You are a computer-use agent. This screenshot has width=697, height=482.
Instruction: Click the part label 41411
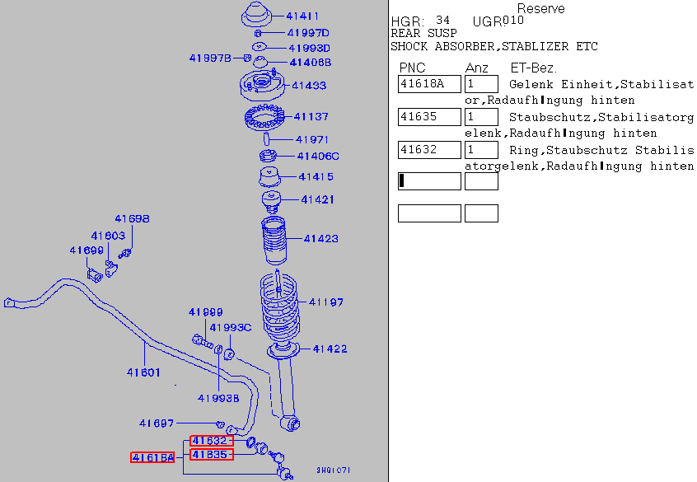(302, 16)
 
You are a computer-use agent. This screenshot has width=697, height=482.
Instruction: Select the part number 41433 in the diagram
(309, 85)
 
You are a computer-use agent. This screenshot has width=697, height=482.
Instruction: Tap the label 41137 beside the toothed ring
(311, 117)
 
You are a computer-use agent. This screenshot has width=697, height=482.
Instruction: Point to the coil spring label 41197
(326, 302)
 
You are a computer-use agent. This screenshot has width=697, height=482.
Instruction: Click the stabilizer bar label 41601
(143, 372)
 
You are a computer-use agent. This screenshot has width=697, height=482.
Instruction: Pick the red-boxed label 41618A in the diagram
(152, 457)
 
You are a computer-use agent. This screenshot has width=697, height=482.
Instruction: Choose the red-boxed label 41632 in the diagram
(211, 441)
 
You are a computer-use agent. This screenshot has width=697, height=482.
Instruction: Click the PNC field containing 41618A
(428, 84)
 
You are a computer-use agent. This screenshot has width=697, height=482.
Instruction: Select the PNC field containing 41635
(428, 117)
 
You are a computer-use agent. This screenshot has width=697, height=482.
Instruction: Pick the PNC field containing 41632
(428, 150)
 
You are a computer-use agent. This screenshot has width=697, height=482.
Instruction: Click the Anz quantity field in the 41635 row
(481, 117)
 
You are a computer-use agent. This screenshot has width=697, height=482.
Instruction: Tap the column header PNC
(412, 68)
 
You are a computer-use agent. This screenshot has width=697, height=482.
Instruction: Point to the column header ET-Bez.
(533, 68)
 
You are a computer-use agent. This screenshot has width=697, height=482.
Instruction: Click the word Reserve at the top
(540, 8)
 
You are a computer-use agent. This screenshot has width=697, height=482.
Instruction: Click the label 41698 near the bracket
(132, 219)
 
